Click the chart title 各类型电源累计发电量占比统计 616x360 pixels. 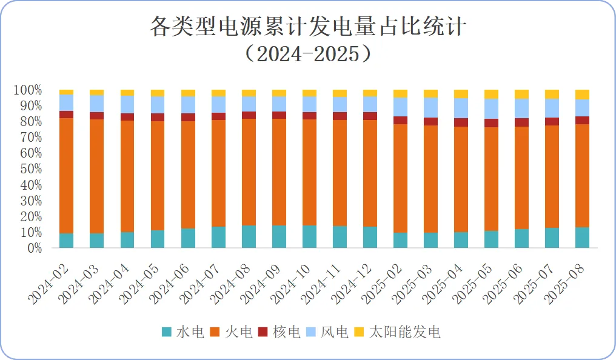[308, 27]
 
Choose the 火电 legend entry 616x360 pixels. [231, 332]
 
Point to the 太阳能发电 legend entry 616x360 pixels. [397, 332]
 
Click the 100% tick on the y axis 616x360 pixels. [28, 90]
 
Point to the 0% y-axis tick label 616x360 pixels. [33, 248]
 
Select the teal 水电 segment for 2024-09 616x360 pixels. [279, 236]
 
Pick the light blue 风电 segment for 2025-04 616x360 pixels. [461, 108]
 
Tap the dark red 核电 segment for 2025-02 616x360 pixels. [401, 120]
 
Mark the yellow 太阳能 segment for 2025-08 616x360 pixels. [583, 94]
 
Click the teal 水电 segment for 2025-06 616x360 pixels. [522, 238]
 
